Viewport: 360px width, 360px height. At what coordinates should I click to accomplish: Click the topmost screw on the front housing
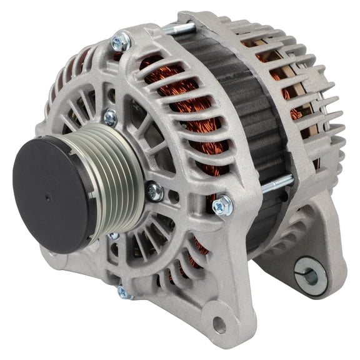point(121,42)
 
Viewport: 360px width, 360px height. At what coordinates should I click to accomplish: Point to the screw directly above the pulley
point(110,116)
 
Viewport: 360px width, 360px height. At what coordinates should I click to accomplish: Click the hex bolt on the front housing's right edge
point(223,204)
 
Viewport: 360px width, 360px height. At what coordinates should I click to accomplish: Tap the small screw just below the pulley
point(114,236)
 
